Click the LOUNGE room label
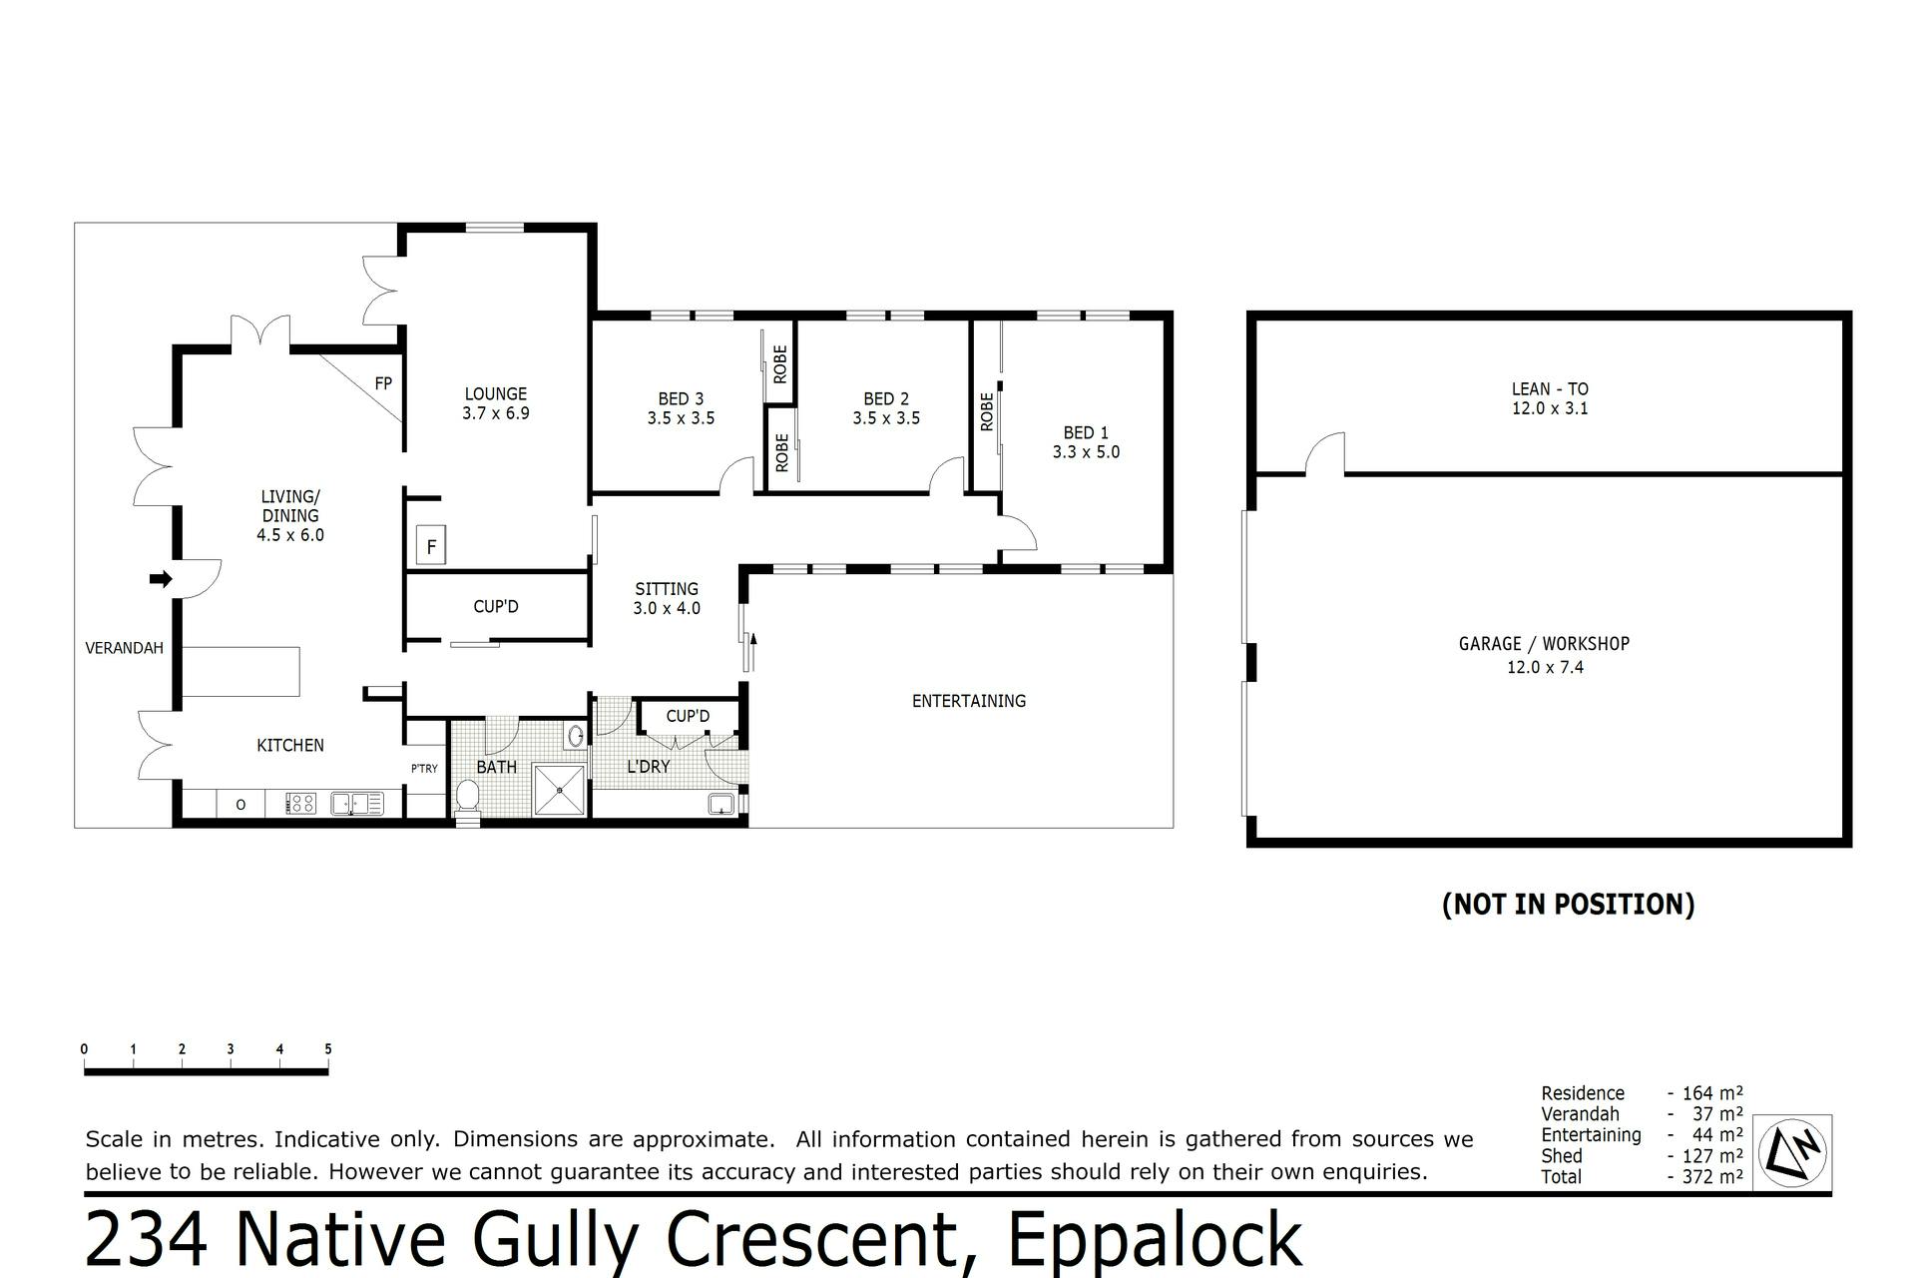point(496,394)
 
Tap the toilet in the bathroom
point(467,799)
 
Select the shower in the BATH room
point(561,790)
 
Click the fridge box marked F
point(431,546)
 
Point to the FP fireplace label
point(383,383)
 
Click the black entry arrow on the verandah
point(161,579)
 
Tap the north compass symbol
point(1792,1151)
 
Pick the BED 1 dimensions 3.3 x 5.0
point(1086,452)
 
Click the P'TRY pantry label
point(424,769)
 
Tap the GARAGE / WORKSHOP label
point(1544,645)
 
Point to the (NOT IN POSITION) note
point(1569,905)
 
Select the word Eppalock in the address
point(1155,1241)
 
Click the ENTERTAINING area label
point(969,701)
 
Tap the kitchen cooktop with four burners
point(301,803)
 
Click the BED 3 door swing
point(736,475)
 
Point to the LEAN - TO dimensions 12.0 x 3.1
point(1550,408)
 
